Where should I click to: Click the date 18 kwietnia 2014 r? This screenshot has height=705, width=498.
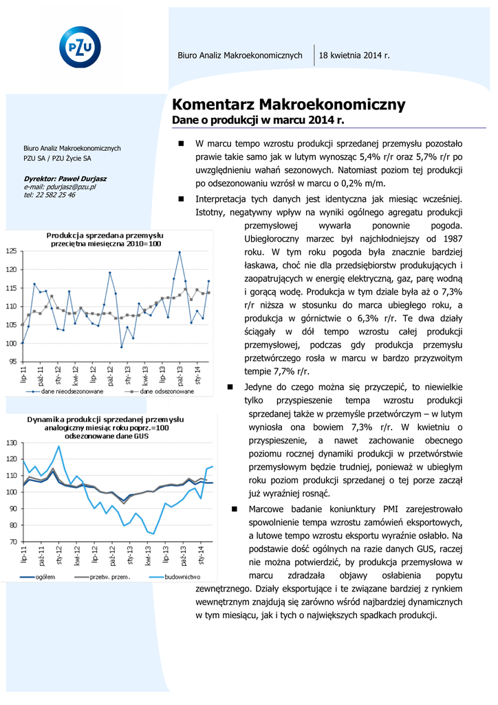(x=354, y=54)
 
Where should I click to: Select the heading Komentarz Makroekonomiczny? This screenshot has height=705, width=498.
(x=288, y=105)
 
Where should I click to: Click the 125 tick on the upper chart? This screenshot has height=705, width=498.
(x=12, y=252)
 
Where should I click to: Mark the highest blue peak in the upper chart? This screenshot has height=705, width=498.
(x=180, y=252)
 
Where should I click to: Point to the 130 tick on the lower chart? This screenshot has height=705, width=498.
(x=12, y=443)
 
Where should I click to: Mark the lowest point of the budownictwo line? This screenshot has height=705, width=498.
(x=153, y=534)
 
